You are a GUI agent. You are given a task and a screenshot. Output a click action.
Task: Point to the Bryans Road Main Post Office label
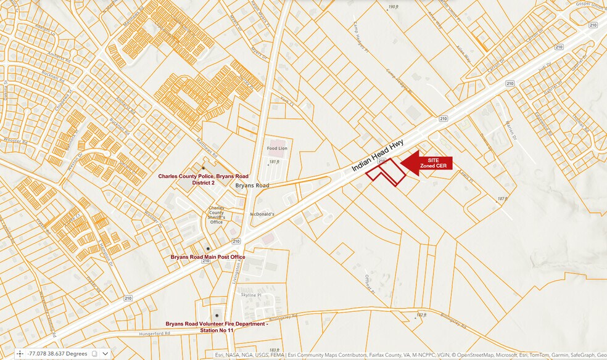(208, 256)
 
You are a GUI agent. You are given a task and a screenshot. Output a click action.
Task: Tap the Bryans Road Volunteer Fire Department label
(216, 327)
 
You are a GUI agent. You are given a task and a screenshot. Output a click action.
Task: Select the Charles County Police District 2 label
(203, 179)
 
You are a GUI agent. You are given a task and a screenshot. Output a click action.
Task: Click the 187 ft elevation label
(502, 198)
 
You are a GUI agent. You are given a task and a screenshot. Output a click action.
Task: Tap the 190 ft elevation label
(393, 7)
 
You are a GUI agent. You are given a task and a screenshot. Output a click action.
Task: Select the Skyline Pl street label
(251, 295)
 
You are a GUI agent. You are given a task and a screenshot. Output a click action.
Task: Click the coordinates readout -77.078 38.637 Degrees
(57, 354)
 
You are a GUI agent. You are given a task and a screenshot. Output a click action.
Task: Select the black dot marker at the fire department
(216, 315)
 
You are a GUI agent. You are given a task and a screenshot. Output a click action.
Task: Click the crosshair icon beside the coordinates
(20, 354)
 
